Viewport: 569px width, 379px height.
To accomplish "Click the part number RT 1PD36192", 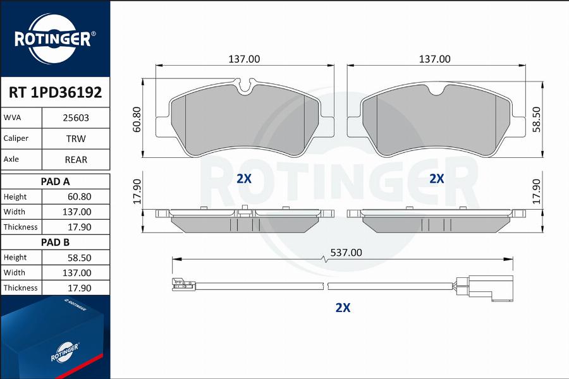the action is (55, 92).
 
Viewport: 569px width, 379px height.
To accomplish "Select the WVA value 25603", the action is (76, 118).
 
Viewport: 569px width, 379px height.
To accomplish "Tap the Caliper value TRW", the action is (76, 138).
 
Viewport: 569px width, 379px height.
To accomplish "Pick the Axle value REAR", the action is (76, 160).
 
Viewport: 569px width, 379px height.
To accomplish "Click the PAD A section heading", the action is (55, 181).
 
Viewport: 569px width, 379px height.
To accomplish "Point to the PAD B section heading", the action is (55, 243).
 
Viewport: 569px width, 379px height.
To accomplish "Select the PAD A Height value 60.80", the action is (80, 196).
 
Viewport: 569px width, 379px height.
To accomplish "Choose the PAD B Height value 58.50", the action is (80, 258).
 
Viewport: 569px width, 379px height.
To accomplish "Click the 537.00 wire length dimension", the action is (346, 253).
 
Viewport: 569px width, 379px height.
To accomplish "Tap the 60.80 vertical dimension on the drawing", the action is (137, 119).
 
